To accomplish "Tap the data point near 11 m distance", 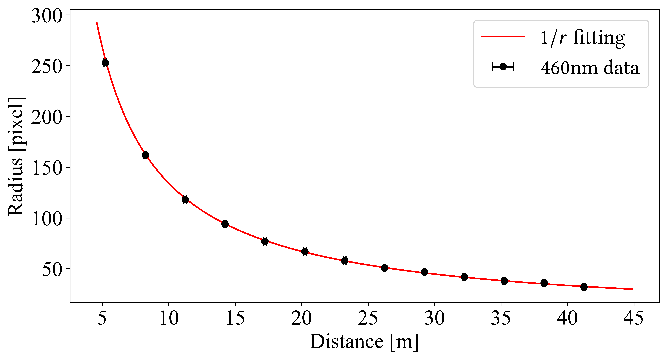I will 185,200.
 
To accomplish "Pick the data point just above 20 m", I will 305,252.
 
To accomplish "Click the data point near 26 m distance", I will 384,268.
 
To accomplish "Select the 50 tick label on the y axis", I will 52,270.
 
